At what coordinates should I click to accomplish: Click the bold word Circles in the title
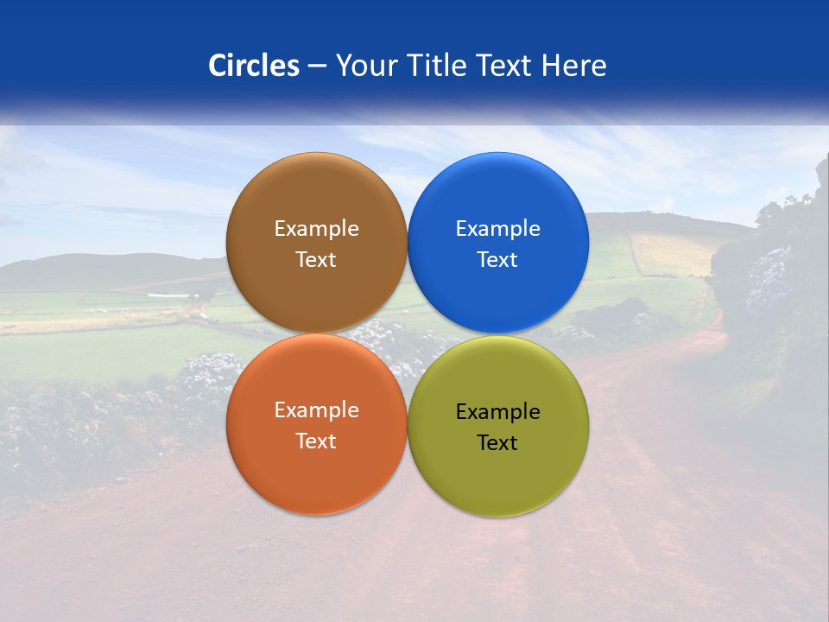[253, 66]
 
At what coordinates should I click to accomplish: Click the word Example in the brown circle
[316, 228]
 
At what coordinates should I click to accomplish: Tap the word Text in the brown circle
[316, 259]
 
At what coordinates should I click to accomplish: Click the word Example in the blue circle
[497, 228]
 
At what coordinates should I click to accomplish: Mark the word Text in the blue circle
[497, 259]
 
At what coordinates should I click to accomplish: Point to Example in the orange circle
[316, 409]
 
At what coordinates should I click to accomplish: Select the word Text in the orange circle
[316, 441]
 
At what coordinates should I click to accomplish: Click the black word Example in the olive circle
[497, 411]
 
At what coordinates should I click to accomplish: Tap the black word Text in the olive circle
[497, 442]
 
